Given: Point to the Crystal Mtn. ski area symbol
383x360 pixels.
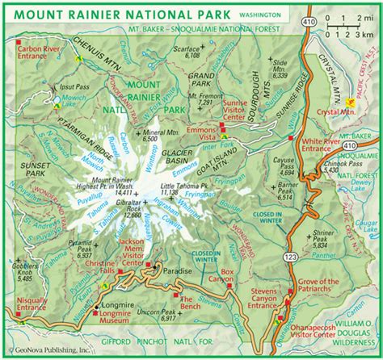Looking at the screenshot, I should tap(350, 103).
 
